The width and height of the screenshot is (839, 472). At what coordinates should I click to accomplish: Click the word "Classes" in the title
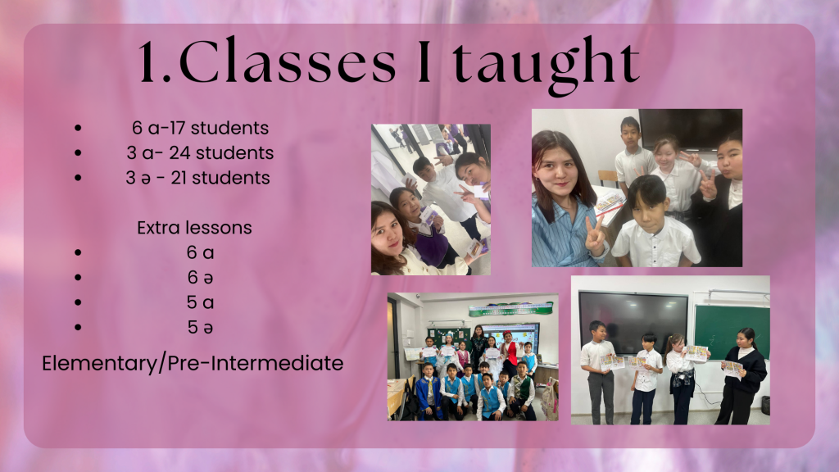coord(288,61)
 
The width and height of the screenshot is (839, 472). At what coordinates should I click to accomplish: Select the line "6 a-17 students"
coord(200,128)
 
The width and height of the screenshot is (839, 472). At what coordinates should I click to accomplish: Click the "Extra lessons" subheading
coord(194,228)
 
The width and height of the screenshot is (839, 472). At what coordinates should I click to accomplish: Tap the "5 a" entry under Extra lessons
coord(200,302)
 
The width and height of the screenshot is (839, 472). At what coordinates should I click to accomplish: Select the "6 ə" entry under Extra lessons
coord(200,277)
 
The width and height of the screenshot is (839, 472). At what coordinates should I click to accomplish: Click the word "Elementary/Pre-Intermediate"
coord(193,363)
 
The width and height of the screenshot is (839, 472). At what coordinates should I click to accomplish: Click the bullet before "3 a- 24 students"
coord(78,153)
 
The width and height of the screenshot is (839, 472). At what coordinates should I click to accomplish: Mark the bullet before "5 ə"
coord(78,327)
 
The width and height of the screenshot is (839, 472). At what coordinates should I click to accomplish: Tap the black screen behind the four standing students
coord(633,315)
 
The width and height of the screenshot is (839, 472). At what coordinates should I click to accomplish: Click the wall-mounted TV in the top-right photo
coord(690,129)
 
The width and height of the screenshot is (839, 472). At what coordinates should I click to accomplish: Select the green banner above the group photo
coord(510,309)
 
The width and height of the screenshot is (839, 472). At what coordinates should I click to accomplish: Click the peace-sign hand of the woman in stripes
coord(595,235)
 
